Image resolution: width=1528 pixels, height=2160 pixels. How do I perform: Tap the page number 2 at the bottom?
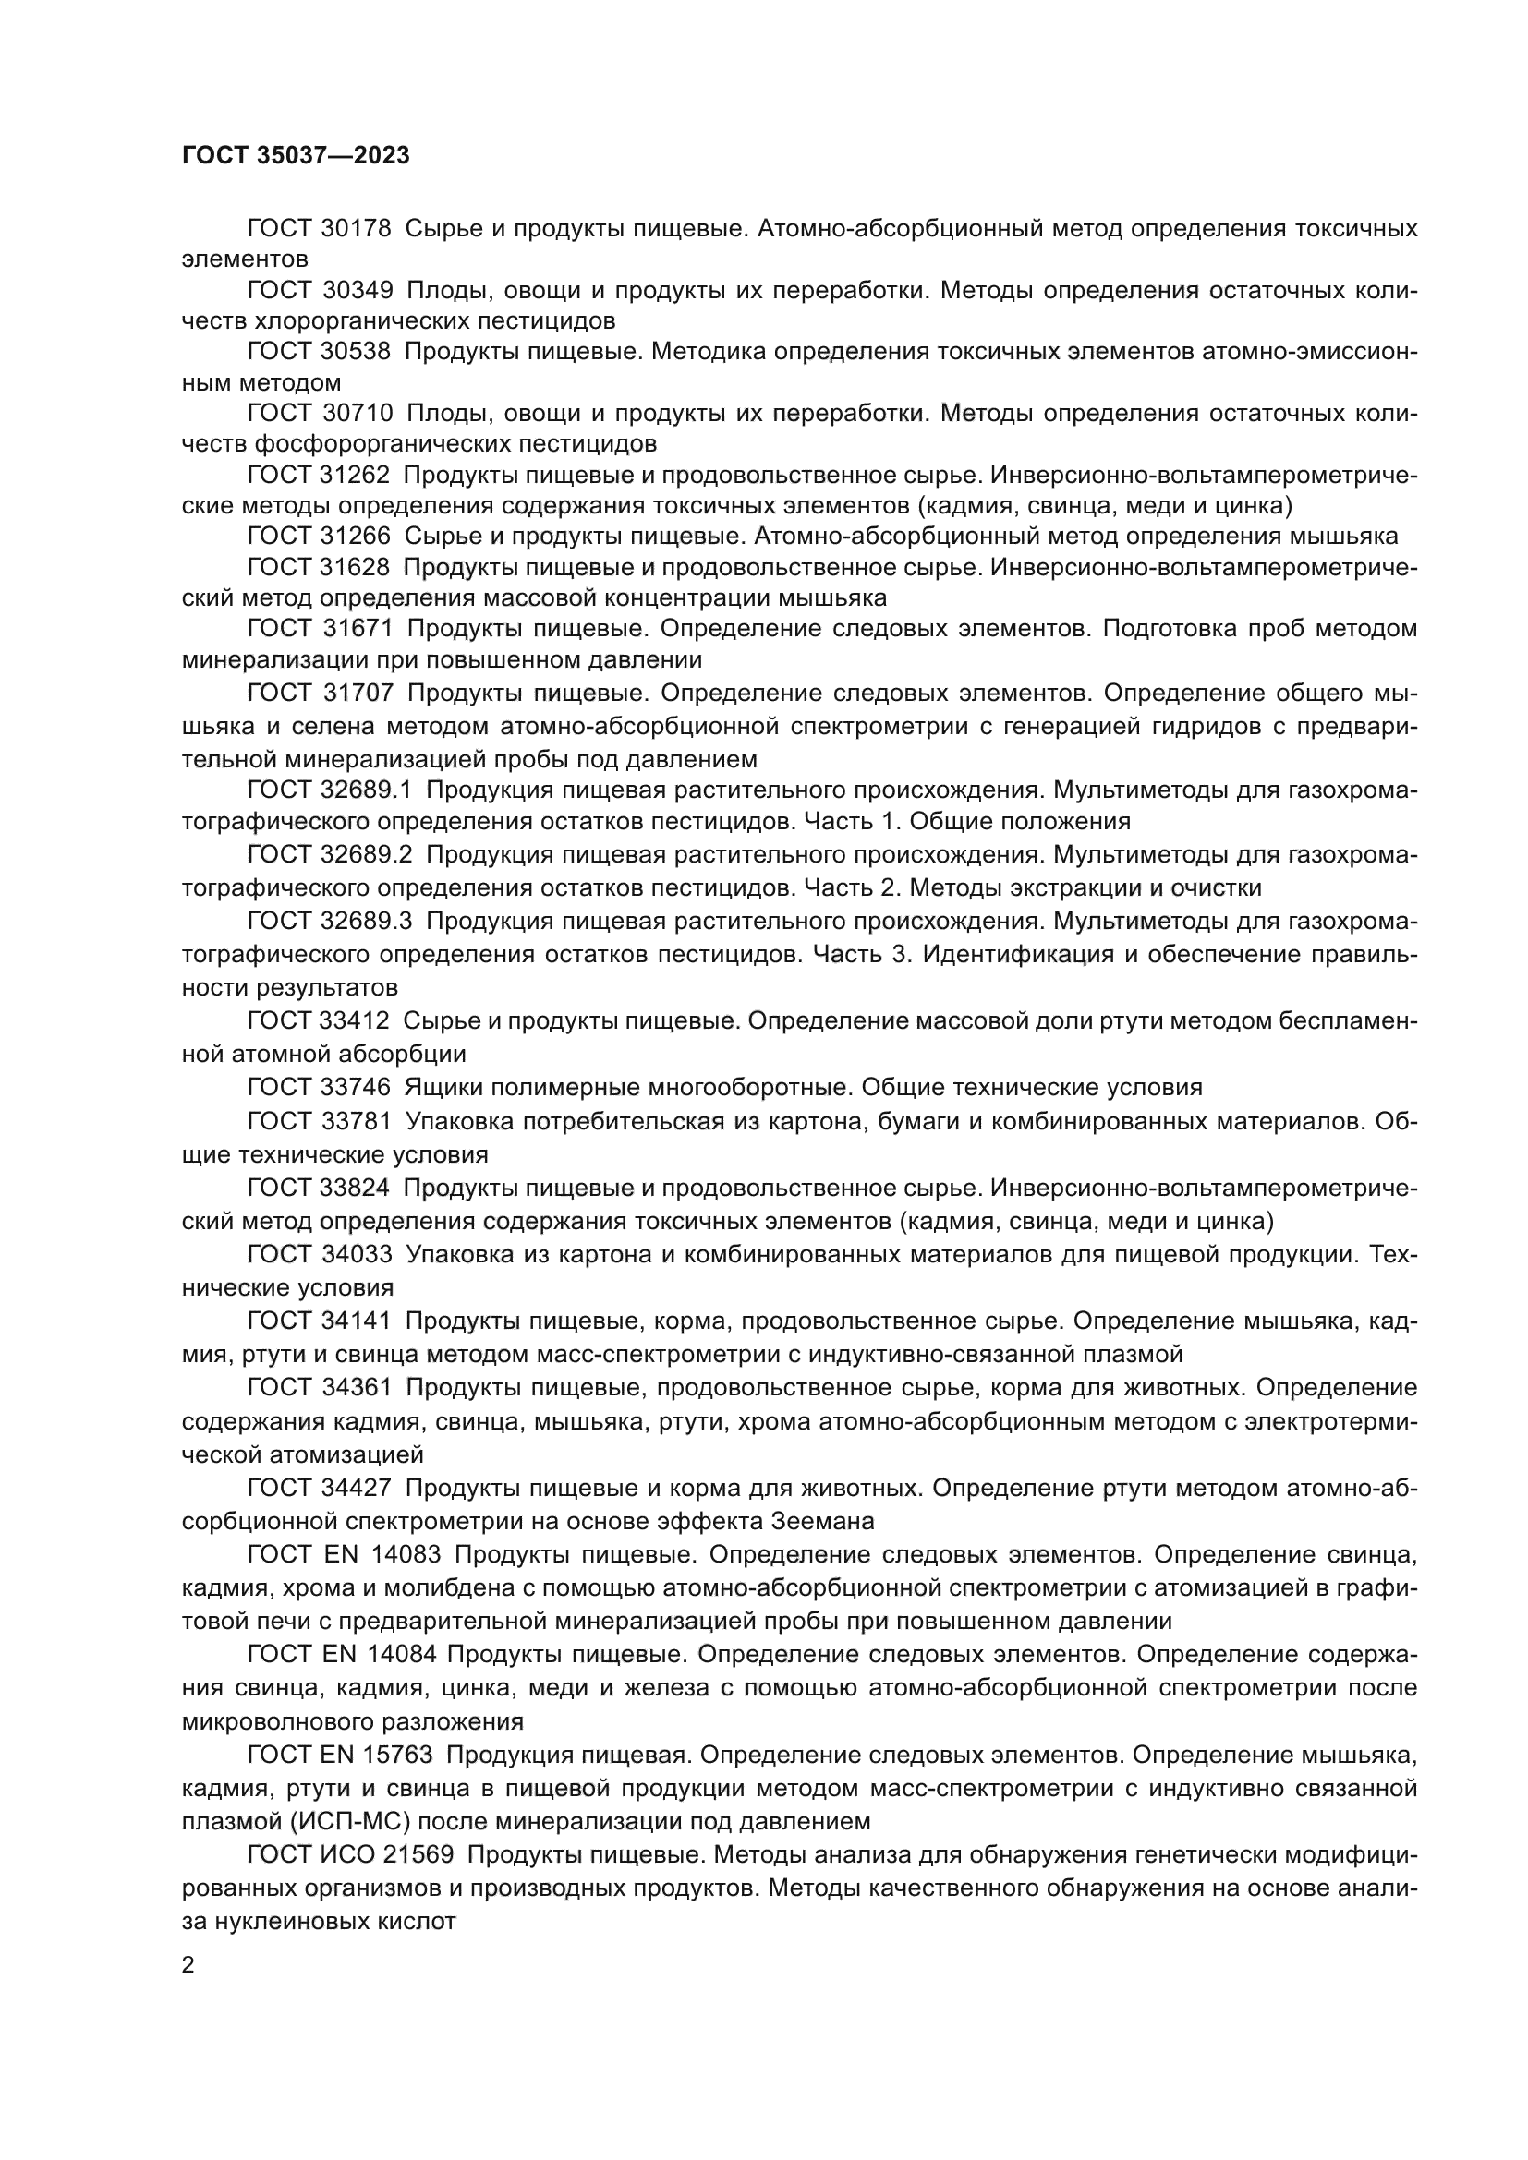coord(188,1966)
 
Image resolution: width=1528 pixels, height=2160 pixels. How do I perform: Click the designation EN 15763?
coord(377,1756)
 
